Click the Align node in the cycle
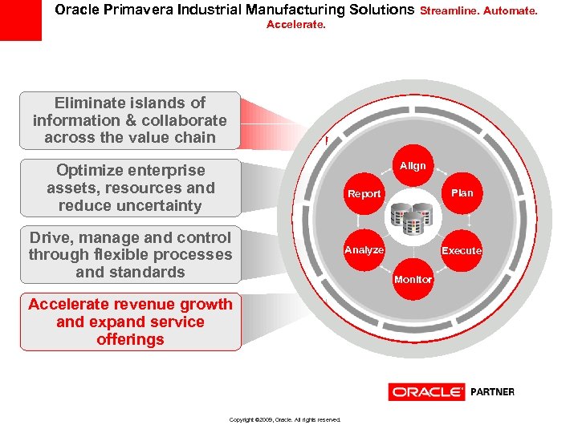pos(413,166)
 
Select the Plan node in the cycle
pos(462,192)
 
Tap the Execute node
pos(462,250)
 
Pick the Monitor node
pos(413,279)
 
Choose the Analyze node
pos(364,250)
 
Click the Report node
pos(364,194)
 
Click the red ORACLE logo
pos(426,392)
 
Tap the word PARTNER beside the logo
pos(492,392)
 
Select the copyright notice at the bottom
pos(285,419)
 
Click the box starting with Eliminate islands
pos(130,120)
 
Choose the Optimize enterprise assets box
pos(130,188)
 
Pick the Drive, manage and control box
pos(130,255)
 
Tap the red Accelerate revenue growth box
pos(130,322)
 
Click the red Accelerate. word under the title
pos(295,25)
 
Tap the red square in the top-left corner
pos(20,20)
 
